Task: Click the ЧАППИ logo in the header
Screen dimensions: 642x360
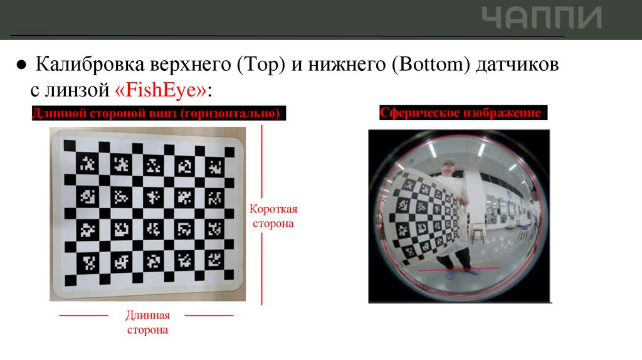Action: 541,18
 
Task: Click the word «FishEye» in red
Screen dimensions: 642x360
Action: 161,89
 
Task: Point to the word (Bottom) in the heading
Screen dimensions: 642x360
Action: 430,65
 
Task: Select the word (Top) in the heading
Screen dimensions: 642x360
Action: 261,65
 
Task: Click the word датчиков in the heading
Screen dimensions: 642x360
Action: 517,65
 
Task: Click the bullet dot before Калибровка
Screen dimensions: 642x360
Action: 21,65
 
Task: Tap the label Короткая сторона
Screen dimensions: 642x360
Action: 273,216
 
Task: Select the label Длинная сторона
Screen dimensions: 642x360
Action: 147,322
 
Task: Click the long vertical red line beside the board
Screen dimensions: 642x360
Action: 261,215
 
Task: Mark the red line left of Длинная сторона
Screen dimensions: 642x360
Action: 83,315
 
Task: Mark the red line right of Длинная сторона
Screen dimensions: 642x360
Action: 209,315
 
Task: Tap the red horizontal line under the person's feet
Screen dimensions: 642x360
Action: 458,270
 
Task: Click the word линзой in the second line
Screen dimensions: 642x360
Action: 77,90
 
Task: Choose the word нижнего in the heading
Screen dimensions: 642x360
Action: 347,65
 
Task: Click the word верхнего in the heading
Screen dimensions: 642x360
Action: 191,65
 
